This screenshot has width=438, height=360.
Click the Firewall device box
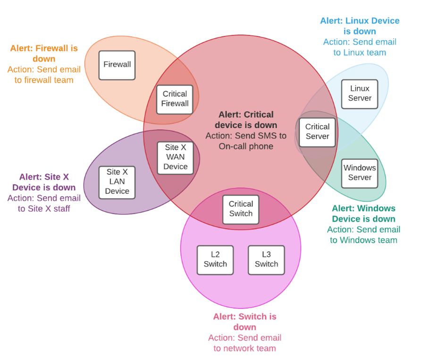tap(117, 65)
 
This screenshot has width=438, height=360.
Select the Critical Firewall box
tap(175, 99)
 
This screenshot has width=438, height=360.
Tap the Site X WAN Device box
tap(175, 157)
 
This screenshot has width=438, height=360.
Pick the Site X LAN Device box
tap(117, 182)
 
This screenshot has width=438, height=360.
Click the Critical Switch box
tap(241, 209)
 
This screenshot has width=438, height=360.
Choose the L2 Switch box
tap(215, 259)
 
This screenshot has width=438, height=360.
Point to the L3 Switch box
tap(266, 259)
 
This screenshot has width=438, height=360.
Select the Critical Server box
tap(317, 132)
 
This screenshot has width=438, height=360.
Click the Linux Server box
tap(360, 94)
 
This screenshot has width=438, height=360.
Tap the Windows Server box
tap(360, 173)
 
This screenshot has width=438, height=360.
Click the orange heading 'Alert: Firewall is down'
tap(44, 53)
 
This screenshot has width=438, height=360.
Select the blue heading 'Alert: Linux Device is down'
tap(360, 26)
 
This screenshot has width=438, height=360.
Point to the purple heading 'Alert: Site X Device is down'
tap(44, 182)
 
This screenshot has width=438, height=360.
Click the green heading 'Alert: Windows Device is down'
tap(363, 214)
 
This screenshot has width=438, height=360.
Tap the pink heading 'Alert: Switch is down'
tap(244, 322)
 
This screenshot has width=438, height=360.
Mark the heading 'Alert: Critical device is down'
tap(246, 120)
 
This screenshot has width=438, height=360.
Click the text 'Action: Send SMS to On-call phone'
tap(246, 141)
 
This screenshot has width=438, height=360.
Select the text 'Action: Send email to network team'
tap(244, 343)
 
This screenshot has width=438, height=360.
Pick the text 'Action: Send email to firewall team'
tap(44, 75)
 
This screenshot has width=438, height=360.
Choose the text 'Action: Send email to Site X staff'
tap(44, 203)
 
